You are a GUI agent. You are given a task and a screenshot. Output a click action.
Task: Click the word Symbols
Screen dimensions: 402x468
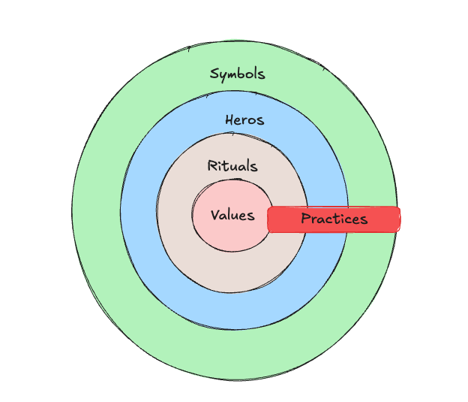coord(237,74)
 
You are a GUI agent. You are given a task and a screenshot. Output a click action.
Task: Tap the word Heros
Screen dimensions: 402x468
coord(244,120)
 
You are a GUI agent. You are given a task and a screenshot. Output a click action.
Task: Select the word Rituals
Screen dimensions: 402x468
coord(232,166)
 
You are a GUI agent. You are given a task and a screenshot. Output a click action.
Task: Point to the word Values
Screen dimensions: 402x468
coord(232,216)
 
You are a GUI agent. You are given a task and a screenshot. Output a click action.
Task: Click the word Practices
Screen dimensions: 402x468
coord(334,219)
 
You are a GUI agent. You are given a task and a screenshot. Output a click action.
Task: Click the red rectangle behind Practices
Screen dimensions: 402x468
coord(382,219)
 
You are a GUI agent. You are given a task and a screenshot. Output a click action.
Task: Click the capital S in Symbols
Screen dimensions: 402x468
coord(214,74)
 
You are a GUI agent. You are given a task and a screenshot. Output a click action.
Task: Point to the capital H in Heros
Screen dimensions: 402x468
coord(229,120)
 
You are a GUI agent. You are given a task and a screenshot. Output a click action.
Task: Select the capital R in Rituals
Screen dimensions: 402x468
coord(211,166)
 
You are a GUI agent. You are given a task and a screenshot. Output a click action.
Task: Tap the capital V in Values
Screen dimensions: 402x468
coord(215,216)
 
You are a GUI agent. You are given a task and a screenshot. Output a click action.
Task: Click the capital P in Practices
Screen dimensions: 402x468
coord(305,219)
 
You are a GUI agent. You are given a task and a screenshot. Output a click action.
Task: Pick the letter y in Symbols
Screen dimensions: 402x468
coord(223,76)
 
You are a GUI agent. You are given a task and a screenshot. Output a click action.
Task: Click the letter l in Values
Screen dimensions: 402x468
coord(231,215)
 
